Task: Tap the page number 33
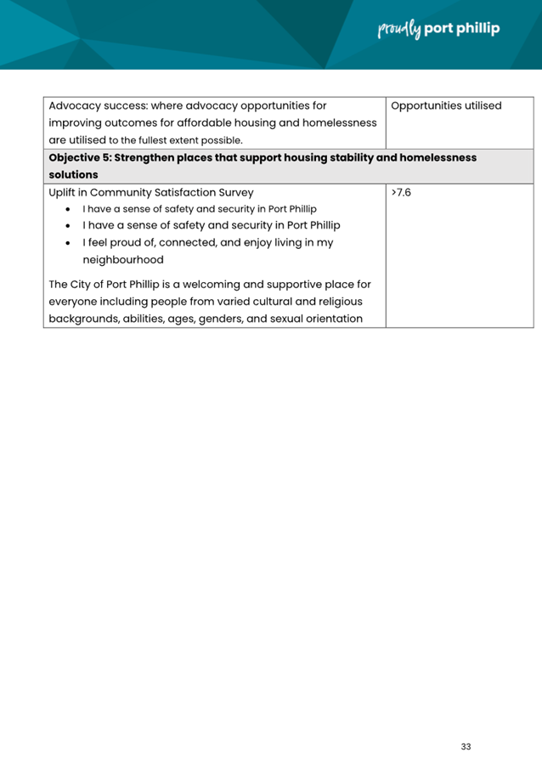[466, 747]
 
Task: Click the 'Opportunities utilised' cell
[446, 106]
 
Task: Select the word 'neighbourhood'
[123, 260]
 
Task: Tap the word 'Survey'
[234, 193]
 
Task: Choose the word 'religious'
[336, 302]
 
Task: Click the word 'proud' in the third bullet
[127, 243]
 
